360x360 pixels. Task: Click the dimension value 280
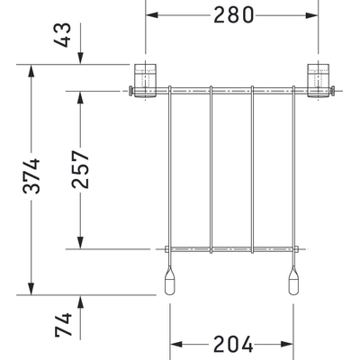pyautogui.click(x=234, y=14)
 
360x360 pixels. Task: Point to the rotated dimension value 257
pyautogui.click(x=80, y=169)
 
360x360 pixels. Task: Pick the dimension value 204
pyautogui.click(x=232, y=345)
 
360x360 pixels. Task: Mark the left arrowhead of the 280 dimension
pyautogui.click(x=152, y=15)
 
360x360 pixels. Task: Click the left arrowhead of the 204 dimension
pyautogui.click(x=175, y=345)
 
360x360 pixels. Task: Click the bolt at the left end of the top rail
pyautogui.click(x=130, y=89)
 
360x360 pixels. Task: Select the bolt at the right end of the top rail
pyautogui.click(x=334, y=89)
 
